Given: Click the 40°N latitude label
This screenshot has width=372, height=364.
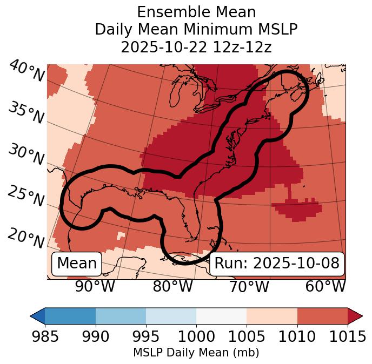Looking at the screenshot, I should coord(26,72).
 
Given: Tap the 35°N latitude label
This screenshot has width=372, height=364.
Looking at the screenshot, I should coord(26,113).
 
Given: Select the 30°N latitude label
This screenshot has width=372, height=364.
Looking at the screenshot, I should coord(26,156).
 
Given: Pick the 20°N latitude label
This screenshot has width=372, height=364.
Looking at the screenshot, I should coord(26,238).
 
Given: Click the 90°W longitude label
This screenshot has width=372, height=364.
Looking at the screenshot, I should coord(95,286).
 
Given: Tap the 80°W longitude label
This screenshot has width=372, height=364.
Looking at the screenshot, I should coord(172,286).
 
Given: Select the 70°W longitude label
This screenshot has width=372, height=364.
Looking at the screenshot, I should coord(249,286).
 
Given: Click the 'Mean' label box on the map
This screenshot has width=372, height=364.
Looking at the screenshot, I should coord(77,264).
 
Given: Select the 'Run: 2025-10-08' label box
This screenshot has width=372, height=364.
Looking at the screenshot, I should coord(276,264).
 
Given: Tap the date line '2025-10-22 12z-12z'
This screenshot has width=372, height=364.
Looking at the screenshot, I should coord(196,47).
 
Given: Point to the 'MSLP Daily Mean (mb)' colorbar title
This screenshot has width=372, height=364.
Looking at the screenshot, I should coord(196,353).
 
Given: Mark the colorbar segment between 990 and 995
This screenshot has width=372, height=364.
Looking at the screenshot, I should coord(121,316).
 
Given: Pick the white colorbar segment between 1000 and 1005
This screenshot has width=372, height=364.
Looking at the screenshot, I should coord(221,316).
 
